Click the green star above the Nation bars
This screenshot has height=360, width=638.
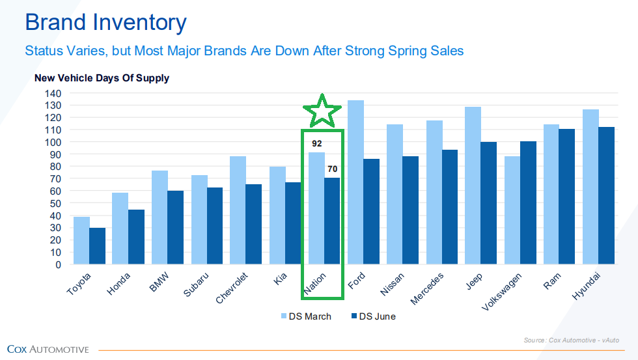[x=322, y=111]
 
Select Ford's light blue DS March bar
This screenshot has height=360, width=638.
[x=355, y=182]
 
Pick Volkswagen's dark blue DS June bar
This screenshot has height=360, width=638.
[x=528, y=202]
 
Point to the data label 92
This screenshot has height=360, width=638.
[x=316, y=143]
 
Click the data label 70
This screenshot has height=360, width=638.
[x=332, y=169]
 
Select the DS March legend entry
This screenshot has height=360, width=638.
[x=305, y=316]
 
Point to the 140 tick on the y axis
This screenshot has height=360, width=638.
[x=53, y=93]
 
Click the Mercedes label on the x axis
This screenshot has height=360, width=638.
[x=427, y=288]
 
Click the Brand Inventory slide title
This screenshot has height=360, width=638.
[x=105, y=23]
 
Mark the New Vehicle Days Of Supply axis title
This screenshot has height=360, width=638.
[x=102, y=78]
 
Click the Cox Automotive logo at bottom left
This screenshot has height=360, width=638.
[x=48, y=350]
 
